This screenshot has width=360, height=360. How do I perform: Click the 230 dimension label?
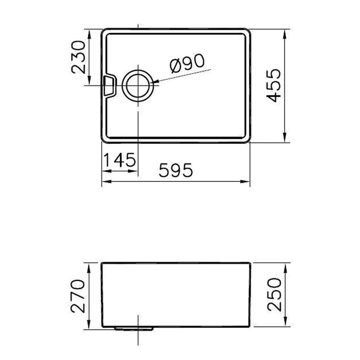[78, 57]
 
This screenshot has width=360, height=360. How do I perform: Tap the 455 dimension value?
[274, 85]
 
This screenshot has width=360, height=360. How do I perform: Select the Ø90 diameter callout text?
[187, 63]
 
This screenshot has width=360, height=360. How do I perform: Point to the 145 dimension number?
[120, 160]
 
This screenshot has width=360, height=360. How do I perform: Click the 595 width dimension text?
[176, 170]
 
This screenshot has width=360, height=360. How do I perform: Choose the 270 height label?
[78, 296]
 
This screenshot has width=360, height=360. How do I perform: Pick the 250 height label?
[274, 295]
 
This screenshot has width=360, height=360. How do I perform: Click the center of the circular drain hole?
[138, 85]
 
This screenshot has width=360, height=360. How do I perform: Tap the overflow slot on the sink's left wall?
[109, 85]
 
